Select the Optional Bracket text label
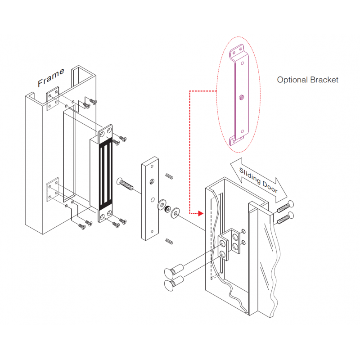[307, 80]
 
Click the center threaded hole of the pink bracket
[241, 96]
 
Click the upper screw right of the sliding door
[283, 207]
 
